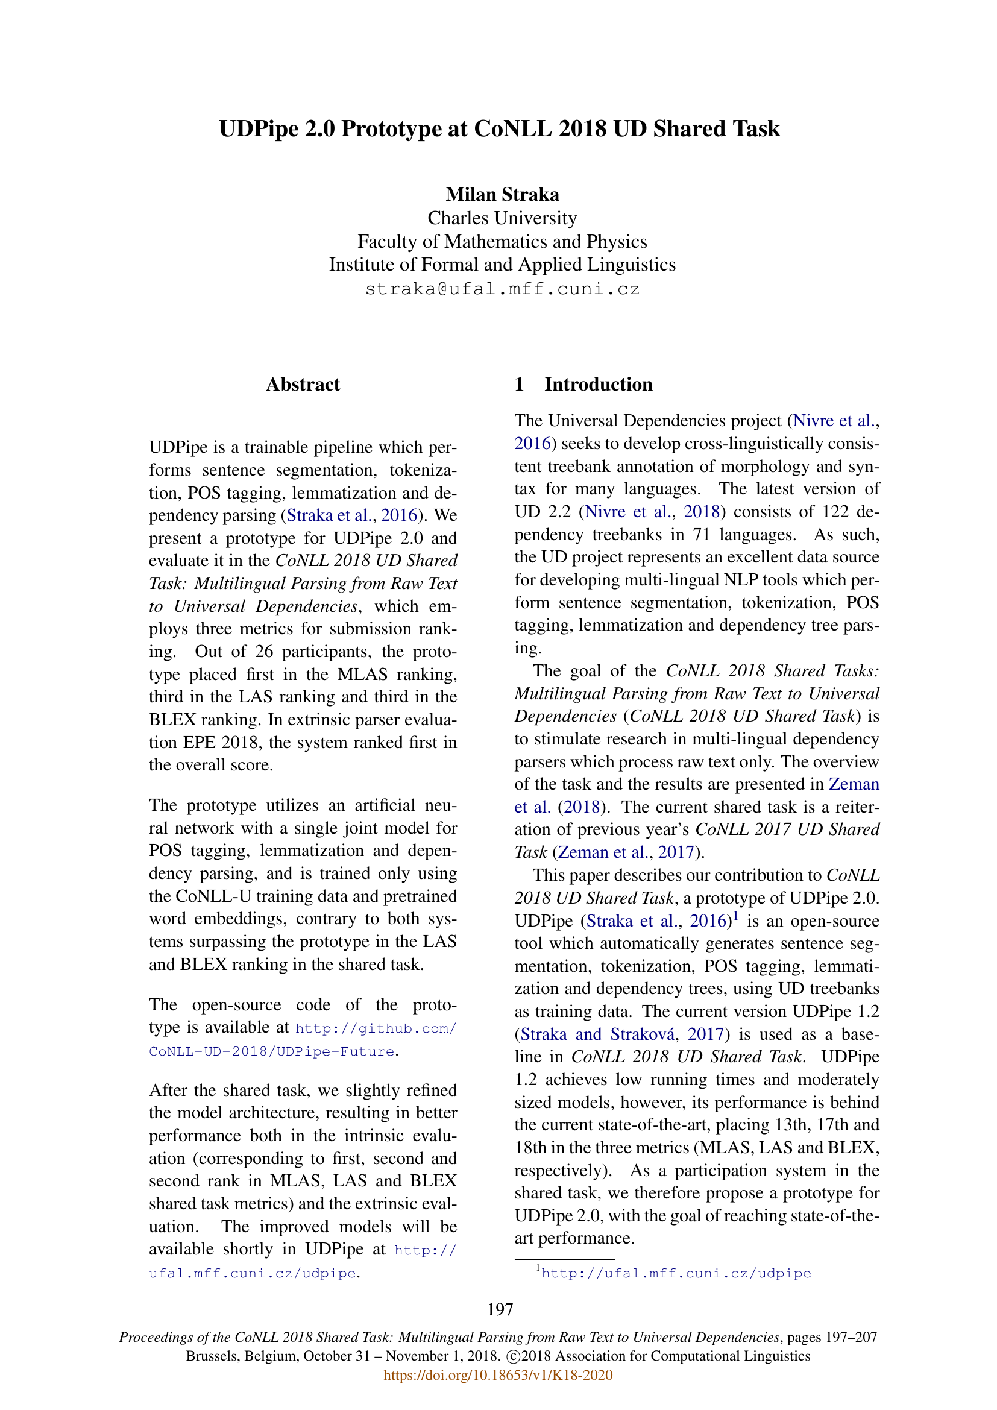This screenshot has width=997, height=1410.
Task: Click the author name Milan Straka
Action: click(x=502, y=195)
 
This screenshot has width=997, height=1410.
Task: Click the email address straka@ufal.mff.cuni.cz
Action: click(x=502, y=289)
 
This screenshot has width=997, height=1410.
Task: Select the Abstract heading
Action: click(x=303, y=385)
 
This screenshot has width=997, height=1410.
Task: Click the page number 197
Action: click(x=500, y=1310)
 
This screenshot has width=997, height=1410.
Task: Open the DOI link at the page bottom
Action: click(x=498, y=1375)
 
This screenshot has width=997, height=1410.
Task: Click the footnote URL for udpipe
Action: click(x=676, y=1274)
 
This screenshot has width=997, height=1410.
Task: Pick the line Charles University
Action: click(x=502, y=218)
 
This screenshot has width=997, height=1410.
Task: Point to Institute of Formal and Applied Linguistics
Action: click(x=502, y=265)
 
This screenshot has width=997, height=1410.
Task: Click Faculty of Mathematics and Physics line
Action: click(x=502, y=241)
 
